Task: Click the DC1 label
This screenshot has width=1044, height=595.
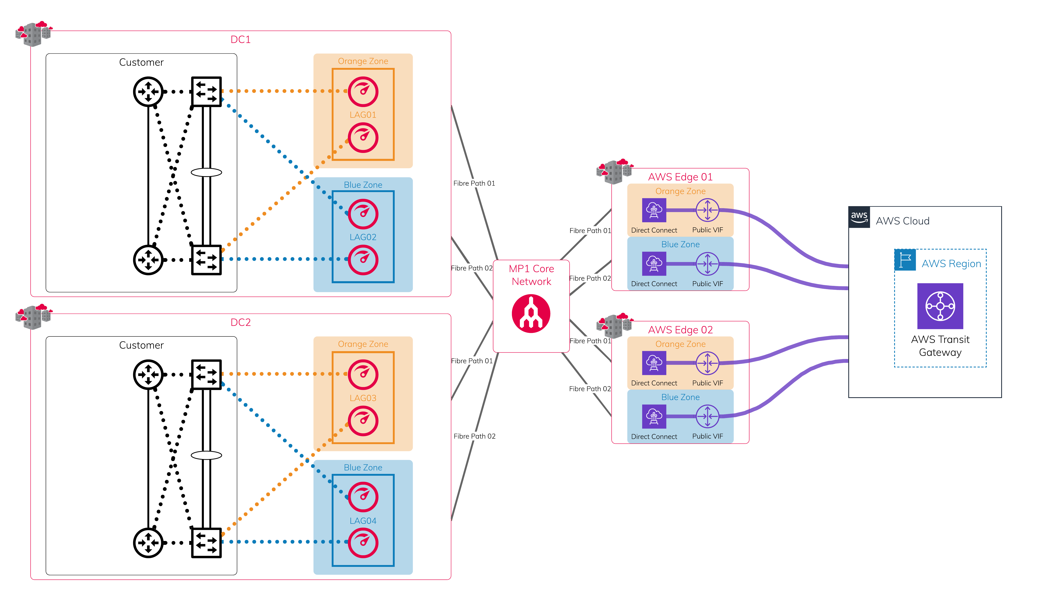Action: pos(241,40)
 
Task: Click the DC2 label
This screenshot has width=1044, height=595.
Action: pos(241,322)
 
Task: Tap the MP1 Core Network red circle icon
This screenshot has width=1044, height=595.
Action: pos(531,314)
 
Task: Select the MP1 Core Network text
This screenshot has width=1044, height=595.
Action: pos(531,275)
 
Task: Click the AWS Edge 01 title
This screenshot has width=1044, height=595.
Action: pos(680,177)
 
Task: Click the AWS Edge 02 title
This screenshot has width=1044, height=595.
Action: pos(680,330)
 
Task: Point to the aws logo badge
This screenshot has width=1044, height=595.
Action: pos(859,217)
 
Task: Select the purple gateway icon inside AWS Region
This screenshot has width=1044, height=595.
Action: pos(940,306)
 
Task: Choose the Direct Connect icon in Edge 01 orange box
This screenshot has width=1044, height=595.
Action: pos(654,210)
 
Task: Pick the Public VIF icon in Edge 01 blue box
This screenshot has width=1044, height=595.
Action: pos(707,264)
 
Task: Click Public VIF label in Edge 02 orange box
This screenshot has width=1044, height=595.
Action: pos(707,383)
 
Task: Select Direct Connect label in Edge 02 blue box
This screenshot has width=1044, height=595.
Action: pos(654,436)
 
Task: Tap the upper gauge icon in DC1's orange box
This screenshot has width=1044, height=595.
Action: pos(363,92)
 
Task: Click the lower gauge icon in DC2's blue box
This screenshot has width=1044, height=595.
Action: pos(363,543)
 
